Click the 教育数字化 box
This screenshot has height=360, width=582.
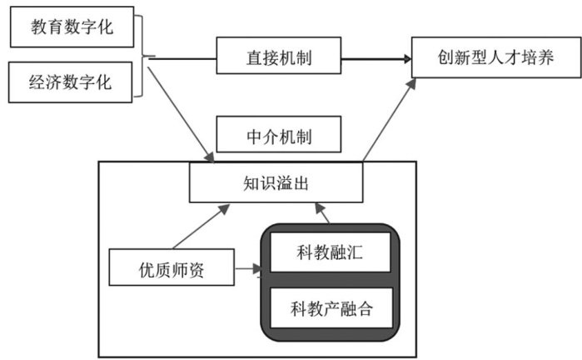72,29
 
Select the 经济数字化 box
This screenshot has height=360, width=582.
72,82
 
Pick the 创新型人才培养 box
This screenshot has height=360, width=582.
495,57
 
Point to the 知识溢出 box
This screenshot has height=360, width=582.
276,182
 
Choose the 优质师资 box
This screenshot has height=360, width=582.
171,268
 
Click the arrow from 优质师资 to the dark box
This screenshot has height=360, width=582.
246,269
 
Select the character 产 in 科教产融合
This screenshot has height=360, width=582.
331,311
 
